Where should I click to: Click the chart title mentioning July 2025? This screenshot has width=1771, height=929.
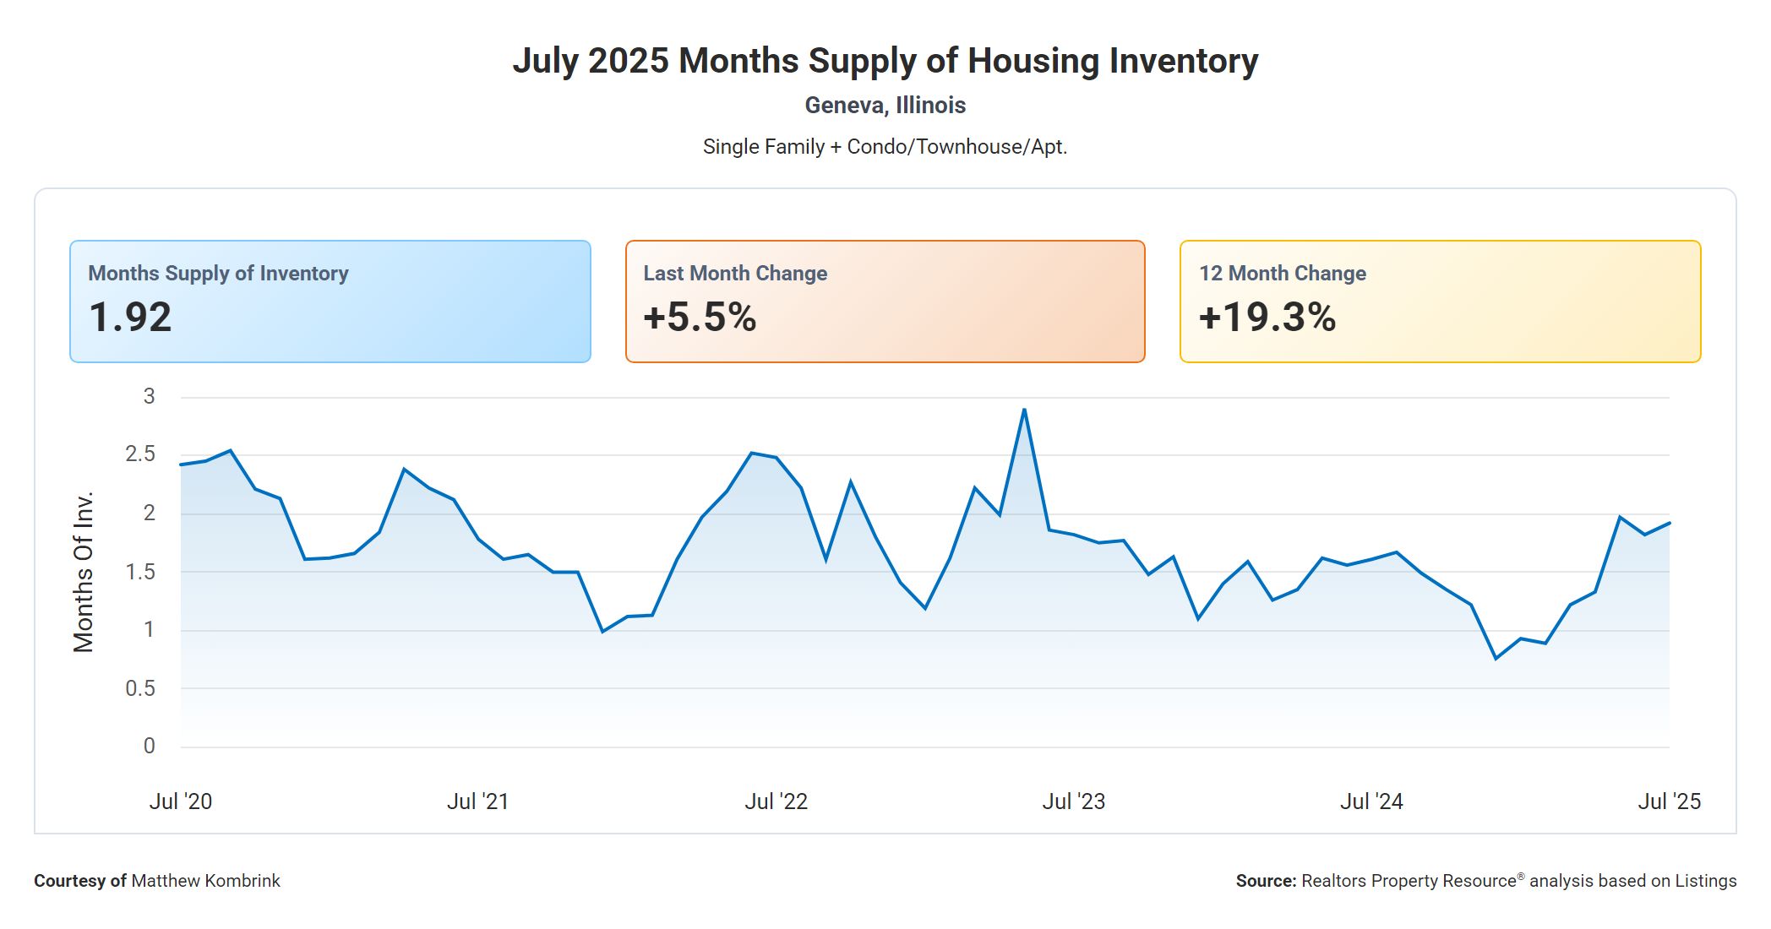pos(885,61)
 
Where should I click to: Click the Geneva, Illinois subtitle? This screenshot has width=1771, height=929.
pos(885,106)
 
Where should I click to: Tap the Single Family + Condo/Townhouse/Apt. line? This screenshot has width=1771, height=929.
pos(885,147)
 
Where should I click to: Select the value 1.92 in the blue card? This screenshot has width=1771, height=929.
pos(130,318)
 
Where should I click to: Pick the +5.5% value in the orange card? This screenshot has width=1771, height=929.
pos(700,318)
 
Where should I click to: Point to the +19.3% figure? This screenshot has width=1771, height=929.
pos(1267,318)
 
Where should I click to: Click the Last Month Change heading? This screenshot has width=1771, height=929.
pos(735,274)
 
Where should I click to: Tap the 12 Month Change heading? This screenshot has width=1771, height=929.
pos(1282,274)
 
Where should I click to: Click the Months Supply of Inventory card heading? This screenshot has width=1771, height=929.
pos(218,274)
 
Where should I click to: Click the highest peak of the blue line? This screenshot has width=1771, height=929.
pos(1024,410)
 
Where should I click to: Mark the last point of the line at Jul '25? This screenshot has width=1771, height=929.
pos(1669,523)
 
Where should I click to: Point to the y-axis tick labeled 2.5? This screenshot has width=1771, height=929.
pos(140,454)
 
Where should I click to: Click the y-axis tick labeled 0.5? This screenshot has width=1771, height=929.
pos(140,688)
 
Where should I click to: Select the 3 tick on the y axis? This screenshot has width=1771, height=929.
pos(150,396)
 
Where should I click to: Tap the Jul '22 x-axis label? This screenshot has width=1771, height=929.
pos(776,801)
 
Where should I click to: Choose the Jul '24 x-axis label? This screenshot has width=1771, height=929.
pos(1371,801)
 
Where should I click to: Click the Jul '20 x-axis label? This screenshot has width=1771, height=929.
pos(181,801)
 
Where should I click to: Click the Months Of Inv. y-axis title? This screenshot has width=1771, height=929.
pos(83,572)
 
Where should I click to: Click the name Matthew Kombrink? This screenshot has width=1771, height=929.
pos(205,881)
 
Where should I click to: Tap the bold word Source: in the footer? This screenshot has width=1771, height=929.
pos(1266,881)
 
